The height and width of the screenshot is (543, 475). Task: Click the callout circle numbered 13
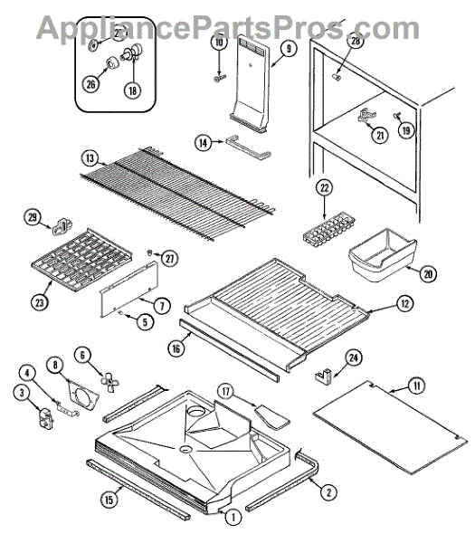pos(90,158)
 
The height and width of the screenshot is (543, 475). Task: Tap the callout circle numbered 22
pos(325,188)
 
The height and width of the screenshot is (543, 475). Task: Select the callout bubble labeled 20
pos(428,274)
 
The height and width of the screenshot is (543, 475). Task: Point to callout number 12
pos(404,304)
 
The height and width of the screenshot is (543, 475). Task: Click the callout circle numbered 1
pos(233,518)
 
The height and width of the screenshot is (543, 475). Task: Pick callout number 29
pos(33,217)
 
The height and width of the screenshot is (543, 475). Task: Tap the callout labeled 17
pos(225,392)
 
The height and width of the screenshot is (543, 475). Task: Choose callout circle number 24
pos(354,357)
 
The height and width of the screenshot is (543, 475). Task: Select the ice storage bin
pos(383,254)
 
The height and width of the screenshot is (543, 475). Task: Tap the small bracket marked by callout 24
pos(323,376)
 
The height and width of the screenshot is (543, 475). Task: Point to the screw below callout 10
pos(219,79)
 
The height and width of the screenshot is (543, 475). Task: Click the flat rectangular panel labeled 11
pos(390,427)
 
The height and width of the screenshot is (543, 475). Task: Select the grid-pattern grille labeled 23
pos(81,262)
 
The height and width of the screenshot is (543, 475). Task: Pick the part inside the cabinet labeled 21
pos(366,116)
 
